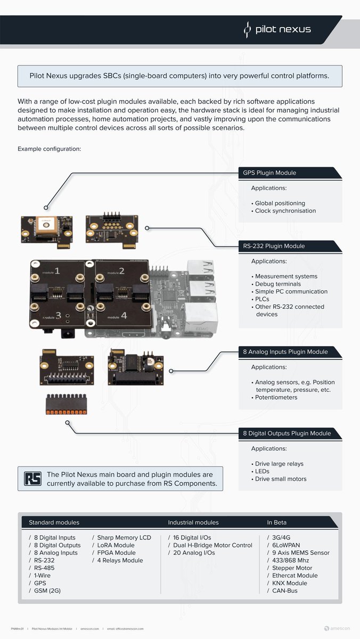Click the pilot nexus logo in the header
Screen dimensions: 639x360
(x=277, y=30)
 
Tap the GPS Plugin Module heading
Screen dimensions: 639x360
(x=269, y=173)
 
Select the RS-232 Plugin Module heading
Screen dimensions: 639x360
(x=274, y=246)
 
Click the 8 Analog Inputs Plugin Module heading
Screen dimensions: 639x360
(x=285, y=352)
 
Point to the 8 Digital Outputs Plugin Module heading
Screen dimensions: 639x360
(x=287, y=433)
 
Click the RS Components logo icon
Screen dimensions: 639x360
(x=32, y=479)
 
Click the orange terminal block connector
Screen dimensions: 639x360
(x=66, y=404)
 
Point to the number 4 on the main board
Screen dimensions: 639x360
(x=124, y=315)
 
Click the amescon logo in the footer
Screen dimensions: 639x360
(x=338, y=629)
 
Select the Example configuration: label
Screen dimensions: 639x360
(x=49, y=149)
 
